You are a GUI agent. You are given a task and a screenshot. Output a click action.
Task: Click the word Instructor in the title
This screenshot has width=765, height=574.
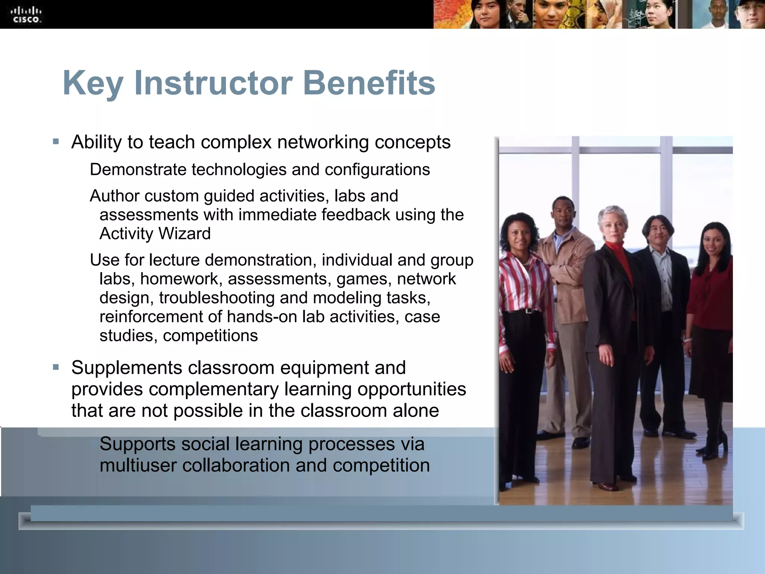point(213,83)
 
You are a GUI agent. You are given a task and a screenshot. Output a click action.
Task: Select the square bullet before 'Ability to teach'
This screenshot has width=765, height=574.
point(56,142)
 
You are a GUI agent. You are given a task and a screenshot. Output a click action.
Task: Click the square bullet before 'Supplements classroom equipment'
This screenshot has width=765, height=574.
point(56,367)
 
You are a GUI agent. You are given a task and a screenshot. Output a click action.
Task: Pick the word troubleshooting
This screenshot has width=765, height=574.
point(217,298)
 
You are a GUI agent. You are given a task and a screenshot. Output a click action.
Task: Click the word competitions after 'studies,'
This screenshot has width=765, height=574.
point(210,336)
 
